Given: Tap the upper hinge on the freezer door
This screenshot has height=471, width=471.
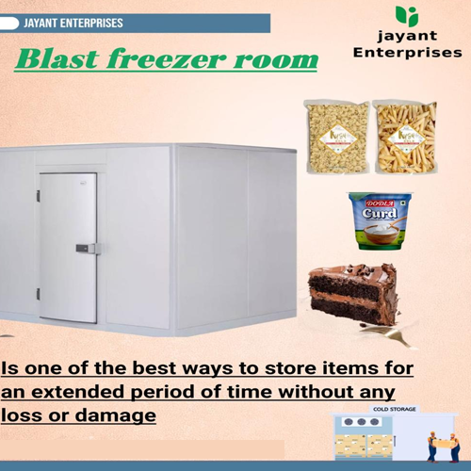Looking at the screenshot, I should tap(39, 196).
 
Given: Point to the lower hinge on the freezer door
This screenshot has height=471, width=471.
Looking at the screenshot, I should tap(39, 295).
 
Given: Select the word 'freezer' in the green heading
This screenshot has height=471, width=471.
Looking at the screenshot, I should tap(173, 60).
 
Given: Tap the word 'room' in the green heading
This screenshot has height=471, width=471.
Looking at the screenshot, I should tap(278, 60).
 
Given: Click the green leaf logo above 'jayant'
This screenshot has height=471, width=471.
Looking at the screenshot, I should tap(407, 16).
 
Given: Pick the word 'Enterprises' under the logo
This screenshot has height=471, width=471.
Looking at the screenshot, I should tap(407, 54).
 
